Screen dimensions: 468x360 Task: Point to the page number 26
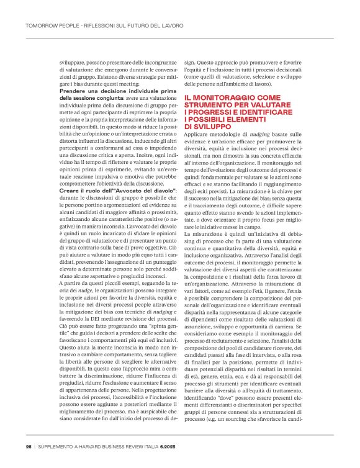click(x=29, y=446)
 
